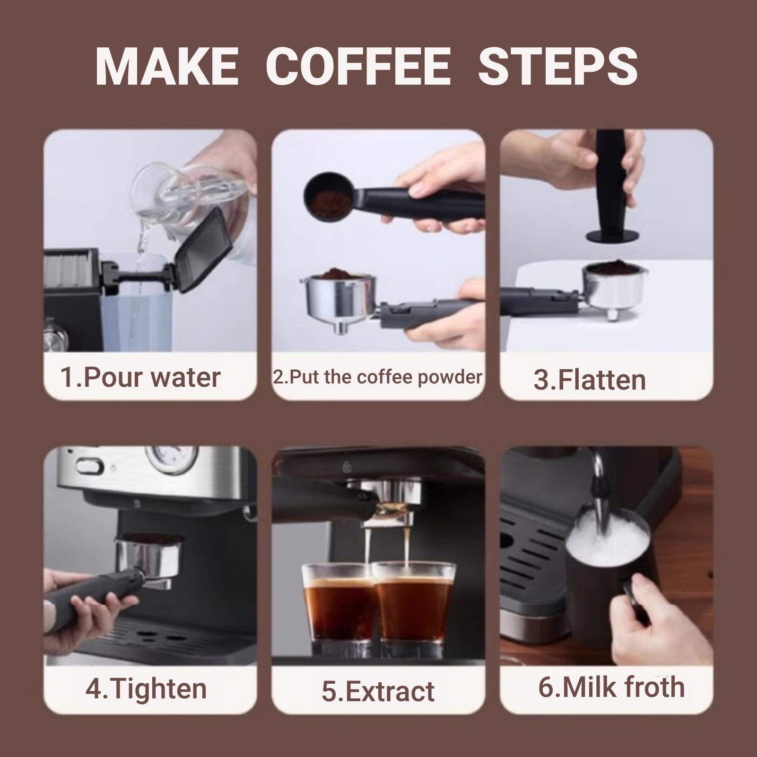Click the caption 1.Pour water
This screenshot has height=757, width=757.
tap(141, 377)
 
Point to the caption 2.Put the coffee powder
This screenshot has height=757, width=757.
tap(377, 377)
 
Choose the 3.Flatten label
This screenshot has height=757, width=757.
tap(589, 380)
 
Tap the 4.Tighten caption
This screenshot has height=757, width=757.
tap(146, 688)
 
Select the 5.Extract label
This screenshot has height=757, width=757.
tap(377, 691)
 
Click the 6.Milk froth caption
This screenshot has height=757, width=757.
tap(611, 687)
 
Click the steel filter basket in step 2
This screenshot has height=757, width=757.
tap(338, 296)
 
